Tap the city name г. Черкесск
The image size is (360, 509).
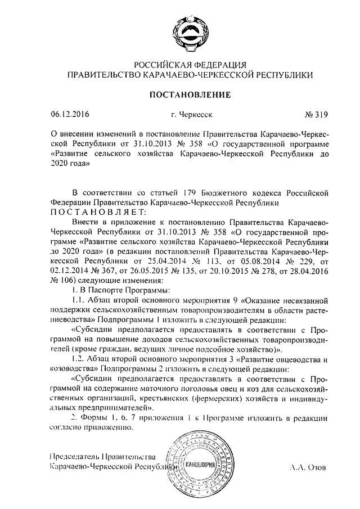tap(192, 115)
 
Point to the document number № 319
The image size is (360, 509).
tap(316, 115)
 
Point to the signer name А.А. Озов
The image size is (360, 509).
tap(308, 467)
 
